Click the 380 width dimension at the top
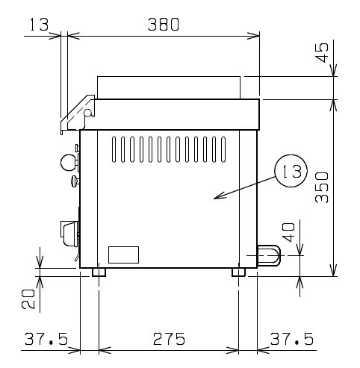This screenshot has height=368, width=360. point(164,25)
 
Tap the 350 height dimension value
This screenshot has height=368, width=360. point(322,187)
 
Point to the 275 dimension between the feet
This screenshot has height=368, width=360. point(169,339)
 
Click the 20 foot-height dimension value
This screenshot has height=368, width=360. point(28,299)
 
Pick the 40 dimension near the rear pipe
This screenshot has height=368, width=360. point(289,232)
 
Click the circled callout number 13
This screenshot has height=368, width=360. point(291,171)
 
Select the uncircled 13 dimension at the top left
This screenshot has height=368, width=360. point(40,25)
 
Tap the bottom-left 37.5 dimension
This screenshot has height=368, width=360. point(46,339)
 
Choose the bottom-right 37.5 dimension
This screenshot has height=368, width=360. point(292,339)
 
